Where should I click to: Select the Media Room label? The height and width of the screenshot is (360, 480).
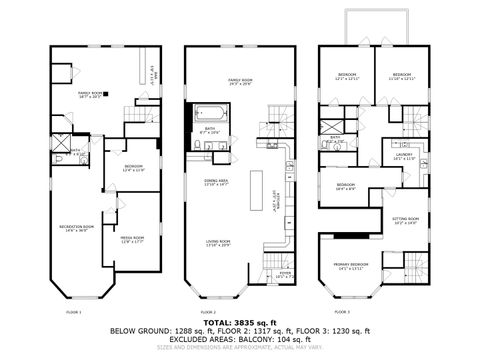point(133,239)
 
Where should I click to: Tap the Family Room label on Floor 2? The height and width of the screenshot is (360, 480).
point(239,81)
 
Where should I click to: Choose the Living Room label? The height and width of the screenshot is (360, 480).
point(217,242)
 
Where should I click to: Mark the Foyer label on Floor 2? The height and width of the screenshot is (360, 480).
point(285,274)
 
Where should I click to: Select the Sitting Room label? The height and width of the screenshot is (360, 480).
point(405,221)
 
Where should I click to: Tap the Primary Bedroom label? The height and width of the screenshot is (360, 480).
point(357,267)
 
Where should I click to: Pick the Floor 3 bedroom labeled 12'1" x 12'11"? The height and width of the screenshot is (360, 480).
point(348,77)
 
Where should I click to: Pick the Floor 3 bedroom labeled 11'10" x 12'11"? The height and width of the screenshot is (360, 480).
point(402,77)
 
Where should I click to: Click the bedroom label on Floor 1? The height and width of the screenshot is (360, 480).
point(133,168)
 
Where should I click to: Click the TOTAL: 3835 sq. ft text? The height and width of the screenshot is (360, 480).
point(239,323)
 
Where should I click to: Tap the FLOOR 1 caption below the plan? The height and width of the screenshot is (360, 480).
point(74,312)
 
